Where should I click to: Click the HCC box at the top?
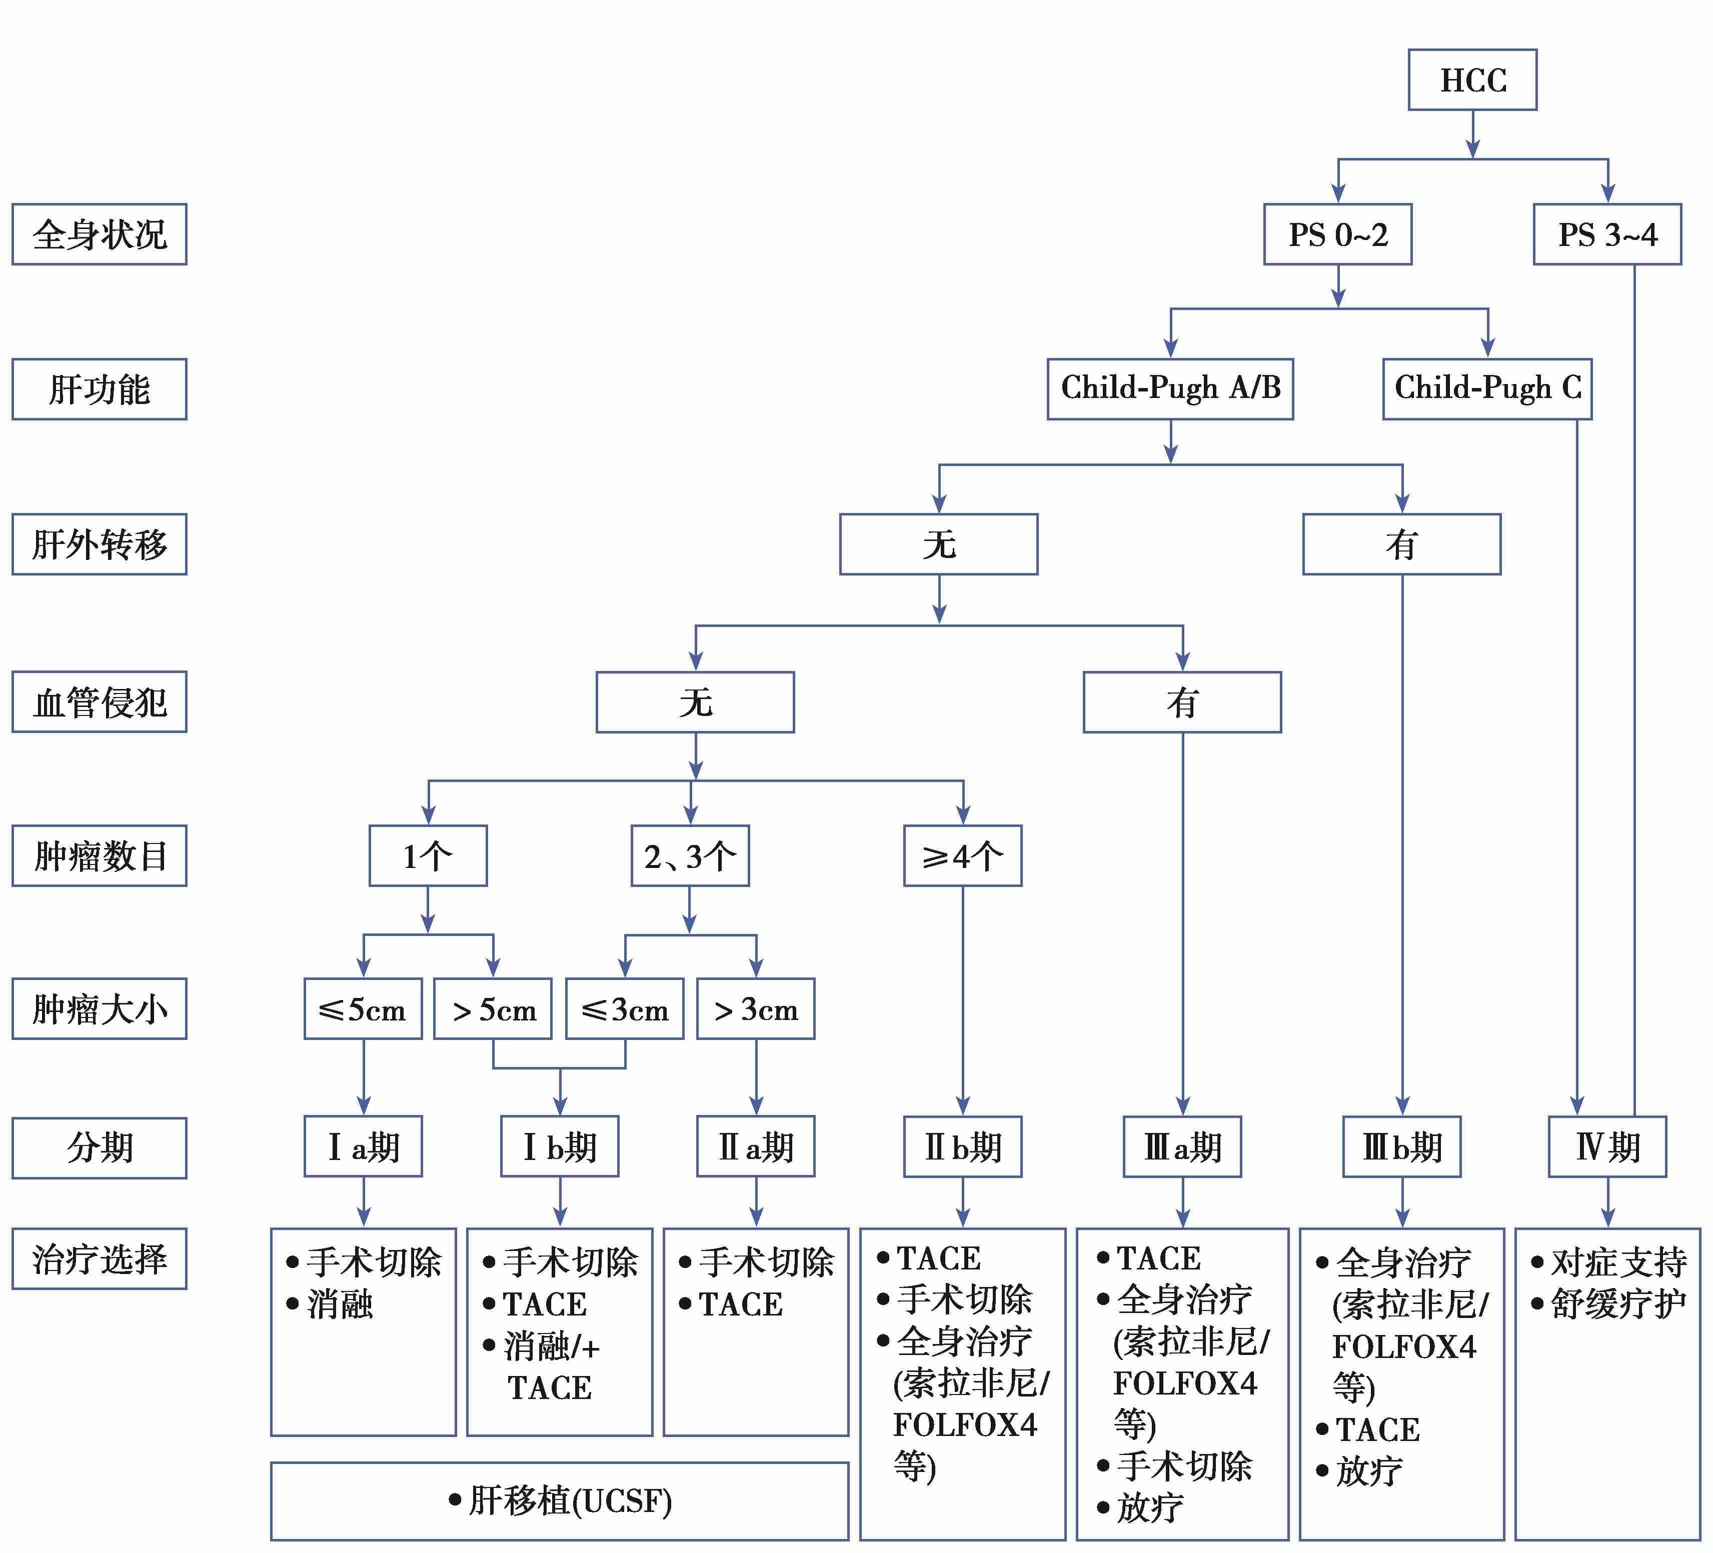1472,80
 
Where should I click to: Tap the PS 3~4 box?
1607,234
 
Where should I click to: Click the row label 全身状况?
100,234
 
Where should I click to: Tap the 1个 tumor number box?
428,855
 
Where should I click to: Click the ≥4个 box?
963,855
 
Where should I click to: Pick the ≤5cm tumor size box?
364,1008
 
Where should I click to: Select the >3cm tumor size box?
756,1008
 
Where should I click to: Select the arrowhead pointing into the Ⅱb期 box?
963,1105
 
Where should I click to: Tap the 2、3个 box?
690,855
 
